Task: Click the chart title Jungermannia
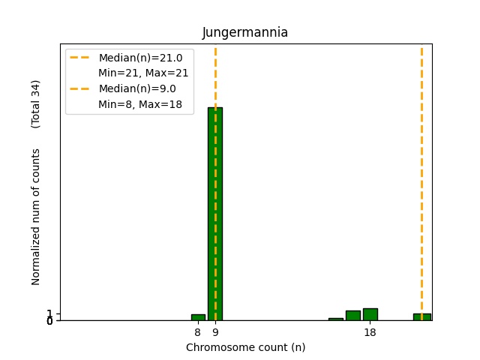(x=244, y=33)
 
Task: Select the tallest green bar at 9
(x=215, y=214)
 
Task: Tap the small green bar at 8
(x=198, y=317)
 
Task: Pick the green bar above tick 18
(x=370, y=314)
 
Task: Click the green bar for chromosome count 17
(x=352, y=316)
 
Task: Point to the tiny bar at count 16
(x=335, y=319)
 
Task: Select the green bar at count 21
(x=421, y=317)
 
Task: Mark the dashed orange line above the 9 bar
(x=215, y=75)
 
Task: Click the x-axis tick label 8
(x=198, y=332)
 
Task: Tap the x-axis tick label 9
(x=215, y=332)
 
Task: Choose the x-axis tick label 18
(x=370, y=332)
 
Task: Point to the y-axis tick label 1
(x=49, y=313)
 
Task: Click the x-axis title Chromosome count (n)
(x=245, y=347)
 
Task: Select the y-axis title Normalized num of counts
(x=36, y=217)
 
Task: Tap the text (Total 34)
(x=36, y=103)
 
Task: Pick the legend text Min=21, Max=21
(x=143, y=73)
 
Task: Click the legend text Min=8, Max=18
(x=140, y=104)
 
